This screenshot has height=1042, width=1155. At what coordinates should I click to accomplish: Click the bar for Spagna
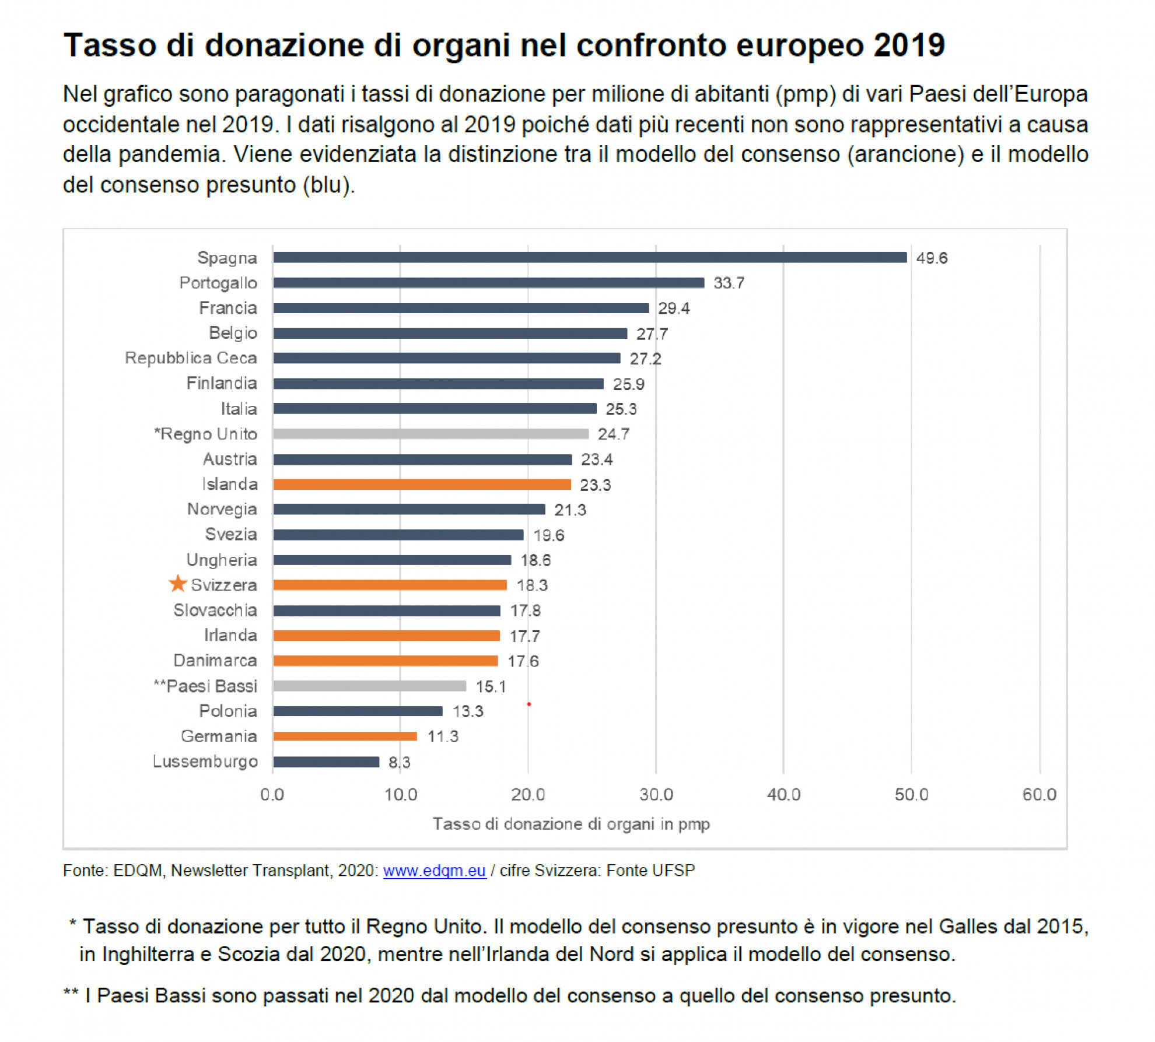[x=589, y=257]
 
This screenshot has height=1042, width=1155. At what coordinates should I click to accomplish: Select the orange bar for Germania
[x=345, y=736]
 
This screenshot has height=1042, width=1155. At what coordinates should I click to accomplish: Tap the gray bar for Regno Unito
[x=430, y=434]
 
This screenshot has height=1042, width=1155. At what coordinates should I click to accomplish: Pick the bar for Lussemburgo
[x=326, y=762]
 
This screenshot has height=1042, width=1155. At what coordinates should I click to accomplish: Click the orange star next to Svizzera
[x=177, y=584]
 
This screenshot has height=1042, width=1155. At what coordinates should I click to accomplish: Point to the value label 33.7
[x=729, y=283]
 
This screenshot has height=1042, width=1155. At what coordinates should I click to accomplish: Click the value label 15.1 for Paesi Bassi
[x=491, y=686]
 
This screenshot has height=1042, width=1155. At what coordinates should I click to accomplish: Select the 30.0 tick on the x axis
[x=656, y=794]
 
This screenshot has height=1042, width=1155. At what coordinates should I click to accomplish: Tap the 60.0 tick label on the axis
[x=1039, y=794]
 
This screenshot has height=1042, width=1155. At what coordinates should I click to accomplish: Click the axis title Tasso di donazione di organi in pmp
[x=570, y=824]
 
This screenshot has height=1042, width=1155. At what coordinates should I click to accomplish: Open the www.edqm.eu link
[x=435, y=871]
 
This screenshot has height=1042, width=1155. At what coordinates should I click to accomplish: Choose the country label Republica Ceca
[x=191, y=358]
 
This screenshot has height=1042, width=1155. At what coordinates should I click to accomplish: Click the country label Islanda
[x=229, y=484]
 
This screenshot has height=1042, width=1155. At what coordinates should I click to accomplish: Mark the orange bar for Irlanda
[x=386, y=636]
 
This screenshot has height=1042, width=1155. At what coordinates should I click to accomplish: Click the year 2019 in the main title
[x=909, y=45]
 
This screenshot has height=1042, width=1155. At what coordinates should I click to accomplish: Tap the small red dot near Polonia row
[x=528, y=704]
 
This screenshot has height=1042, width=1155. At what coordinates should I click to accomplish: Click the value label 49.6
[x=932, y=258]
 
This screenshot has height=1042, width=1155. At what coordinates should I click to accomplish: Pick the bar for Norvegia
[x=409, y=509]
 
